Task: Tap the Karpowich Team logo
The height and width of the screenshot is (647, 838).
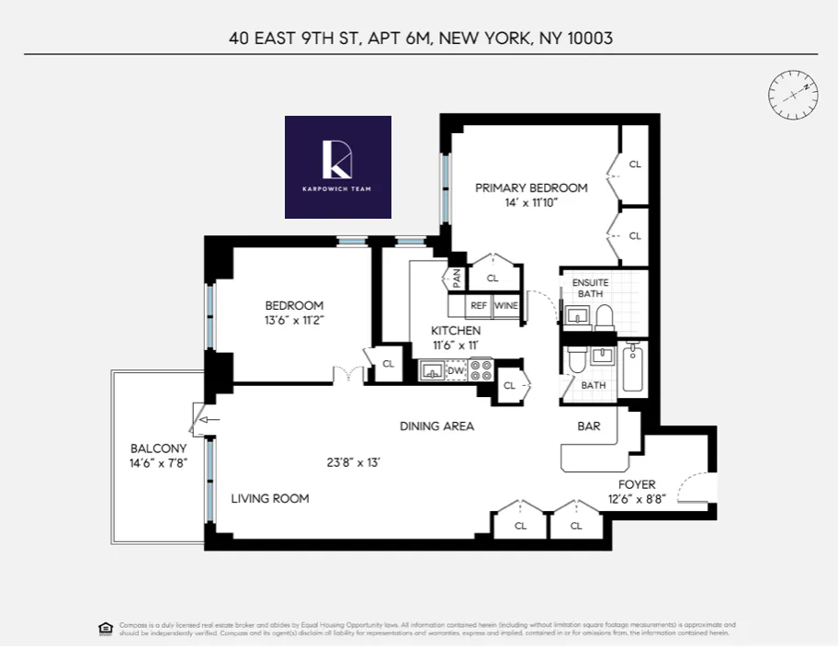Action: tap(338, 166)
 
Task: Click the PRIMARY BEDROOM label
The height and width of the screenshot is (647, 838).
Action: tap(531, 188)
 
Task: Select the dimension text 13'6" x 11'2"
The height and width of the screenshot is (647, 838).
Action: tap(294, 321)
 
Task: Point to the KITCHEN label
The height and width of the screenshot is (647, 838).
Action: tap(456, 331)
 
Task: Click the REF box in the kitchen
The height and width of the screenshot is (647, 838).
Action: tap(479, 306)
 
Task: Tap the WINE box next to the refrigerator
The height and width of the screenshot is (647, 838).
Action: tap(506, 306)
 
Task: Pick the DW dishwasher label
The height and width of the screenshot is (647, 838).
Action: tap(457, 370)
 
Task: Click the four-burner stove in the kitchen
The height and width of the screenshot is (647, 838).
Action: tap(481, 369)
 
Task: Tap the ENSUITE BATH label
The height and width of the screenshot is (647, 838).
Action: tap(589, 288)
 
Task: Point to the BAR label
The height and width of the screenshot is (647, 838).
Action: tap(589, 426)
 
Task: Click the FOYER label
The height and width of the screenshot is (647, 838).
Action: tap(637, 484)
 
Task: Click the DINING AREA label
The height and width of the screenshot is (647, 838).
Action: tap(436, 426)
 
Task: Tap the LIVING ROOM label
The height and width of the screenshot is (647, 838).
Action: tap(269, 498)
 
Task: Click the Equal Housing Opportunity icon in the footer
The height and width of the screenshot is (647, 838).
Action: tap(105, 629)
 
